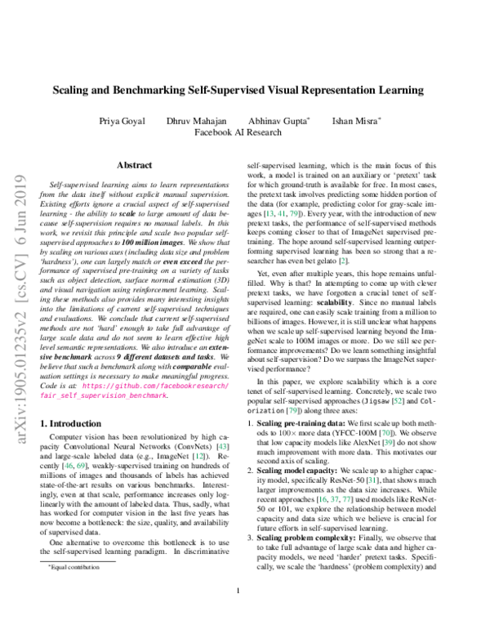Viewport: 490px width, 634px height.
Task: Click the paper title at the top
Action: [245, 90]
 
